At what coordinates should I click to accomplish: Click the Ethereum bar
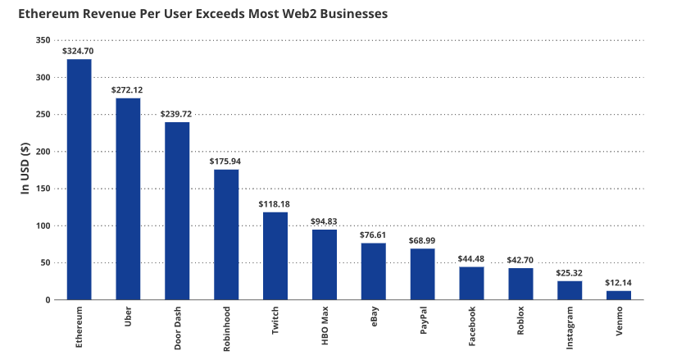79,180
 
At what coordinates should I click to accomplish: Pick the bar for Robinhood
226,235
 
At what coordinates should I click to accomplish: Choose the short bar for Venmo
619,295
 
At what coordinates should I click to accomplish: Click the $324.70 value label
79,51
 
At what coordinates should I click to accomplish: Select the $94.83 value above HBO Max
325,221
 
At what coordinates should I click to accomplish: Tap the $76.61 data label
374,235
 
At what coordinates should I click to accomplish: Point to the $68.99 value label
422,240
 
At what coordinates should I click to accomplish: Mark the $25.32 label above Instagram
570,272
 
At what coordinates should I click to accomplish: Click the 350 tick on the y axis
43,40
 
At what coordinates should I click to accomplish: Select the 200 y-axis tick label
43,152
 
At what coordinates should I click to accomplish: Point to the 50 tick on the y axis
45,263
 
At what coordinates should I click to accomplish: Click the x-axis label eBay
374,318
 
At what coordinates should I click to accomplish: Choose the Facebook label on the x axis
472,326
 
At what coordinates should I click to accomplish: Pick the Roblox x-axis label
521,321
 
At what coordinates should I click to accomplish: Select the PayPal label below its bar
423,321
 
